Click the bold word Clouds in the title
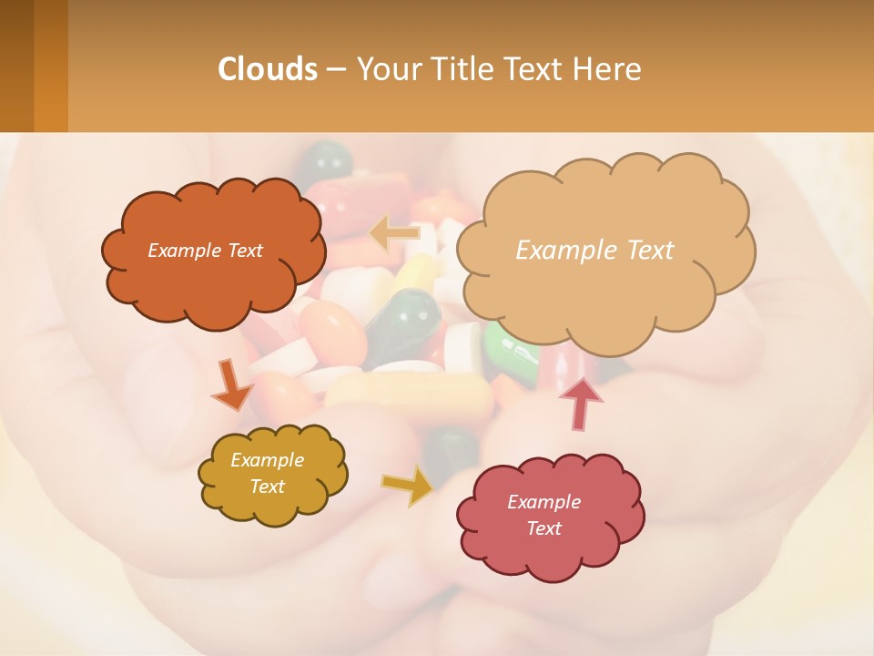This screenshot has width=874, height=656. tap(267, 68)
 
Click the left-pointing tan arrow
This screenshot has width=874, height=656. tap(394, 234)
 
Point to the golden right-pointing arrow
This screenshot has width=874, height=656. tap(407, 486)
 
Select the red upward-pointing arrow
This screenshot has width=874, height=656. tap(580, 403)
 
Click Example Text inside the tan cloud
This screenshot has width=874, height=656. tap(595, 250)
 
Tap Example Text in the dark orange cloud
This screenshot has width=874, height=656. tap(205, 251)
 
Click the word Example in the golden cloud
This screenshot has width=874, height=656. tap(267, 460)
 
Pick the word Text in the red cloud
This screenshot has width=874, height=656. tap(544, 528)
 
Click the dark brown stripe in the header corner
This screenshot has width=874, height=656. tap(16, 66)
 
